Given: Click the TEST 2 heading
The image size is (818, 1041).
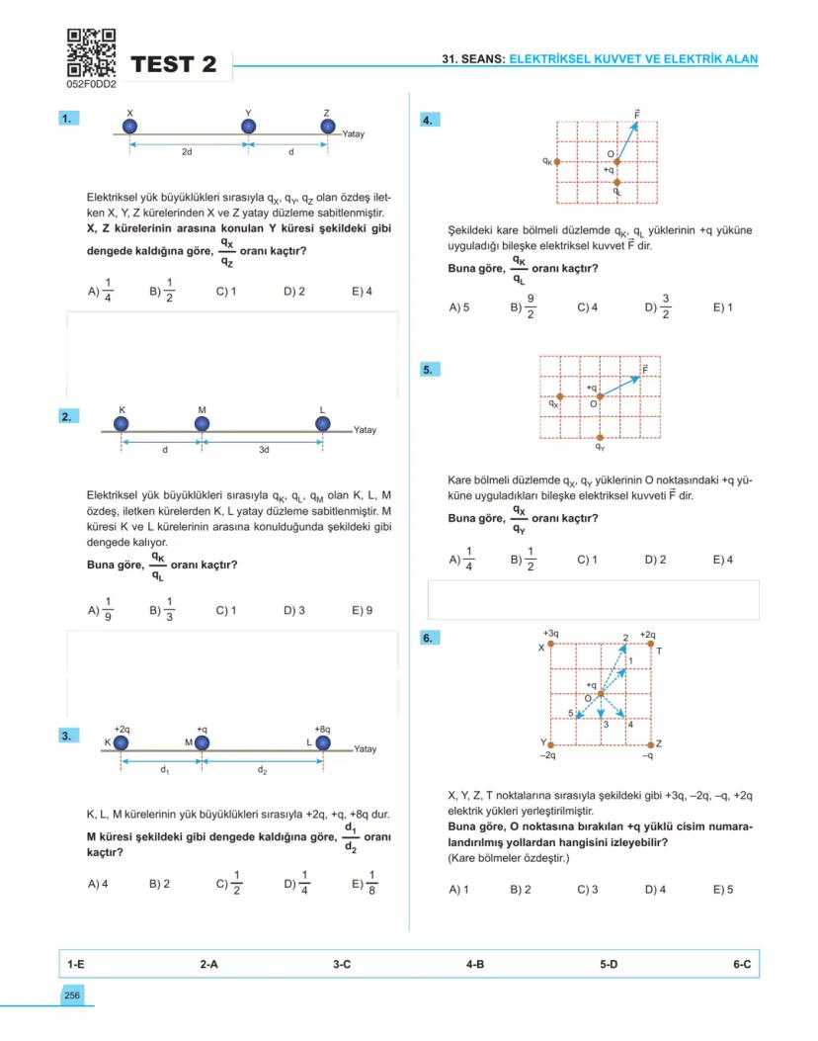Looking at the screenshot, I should (173, 64).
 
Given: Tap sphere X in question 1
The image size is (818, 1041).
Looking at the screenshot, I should (129, 127).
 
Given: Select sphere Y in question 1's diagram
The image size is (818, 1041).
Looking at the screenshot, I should (248, 127).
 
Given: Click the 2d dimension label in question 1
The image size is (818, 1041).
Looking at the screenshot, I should (187, 152).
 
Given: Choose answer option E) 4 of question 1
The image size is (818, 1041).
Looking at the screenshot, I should (362, 292).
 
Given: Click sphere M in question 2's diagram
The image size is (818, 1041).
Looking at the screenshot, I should (202, 424).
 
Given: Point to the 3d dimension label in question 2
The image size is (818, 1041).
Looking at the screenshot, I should (264, 450).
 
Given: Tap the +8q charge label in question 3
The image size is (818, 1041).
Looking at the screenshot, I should (323, 728).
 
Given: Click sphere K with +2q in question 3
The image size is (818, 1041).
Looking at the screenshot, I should (121, 742).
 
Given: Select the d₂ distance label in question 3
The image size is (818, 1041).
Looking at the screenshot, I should (263, 768).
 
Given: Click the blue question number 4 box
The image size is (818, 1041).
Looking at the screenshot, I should (431, 121).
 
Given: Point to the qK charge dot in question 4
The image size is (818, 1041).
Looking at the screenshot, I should (557, 161).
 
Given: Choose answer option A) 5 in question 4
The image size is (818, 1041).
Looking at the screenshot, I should (458, 307).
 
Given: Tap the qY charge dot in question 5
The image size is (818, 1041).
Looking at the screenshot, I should (601, 437).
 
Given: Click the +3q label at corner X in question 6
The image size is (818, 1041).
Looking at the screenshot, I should (550, 633).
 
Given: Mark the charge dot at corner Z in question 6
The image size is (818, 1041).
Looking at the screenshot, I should (649, 743).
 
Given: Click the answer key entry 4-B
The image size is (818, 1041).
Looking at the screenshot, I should (475, 963).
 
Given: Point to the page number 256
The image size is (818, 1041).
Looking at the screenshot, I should (72, 996).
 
